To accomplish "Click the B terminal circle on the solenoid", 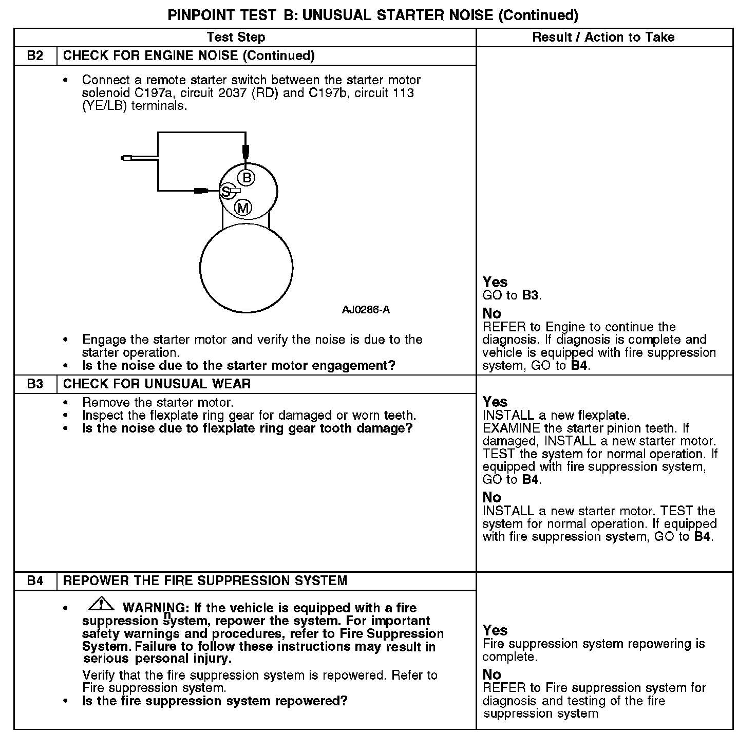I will [247, 178].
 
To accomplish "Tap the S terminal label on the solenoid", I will [225, 192].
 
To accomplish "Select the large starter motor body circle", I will [246, 268].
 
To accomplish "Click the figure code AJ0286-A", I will [366, 310].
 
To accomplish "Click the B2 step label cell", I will [35, 55].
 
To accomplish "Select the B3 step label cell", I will [35, 384].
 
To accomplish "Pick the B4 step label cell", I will [35, 580].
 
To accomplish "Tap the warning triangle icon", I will [101, 605].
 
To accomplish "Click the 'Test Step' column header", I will [236, 37].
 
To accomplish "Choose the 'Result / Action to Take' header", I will [603, 37].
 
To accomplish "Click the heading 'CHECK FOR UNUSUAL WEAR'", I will [157, 384].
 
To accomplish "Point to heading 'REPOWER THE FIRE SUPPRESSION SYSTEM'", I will [205, 580].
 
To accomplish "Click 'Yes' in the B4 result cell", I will [495, 630].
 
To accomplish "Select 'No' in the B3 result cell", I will [492, 497].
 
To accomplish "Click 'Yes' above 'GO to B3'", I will [495, 282].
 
